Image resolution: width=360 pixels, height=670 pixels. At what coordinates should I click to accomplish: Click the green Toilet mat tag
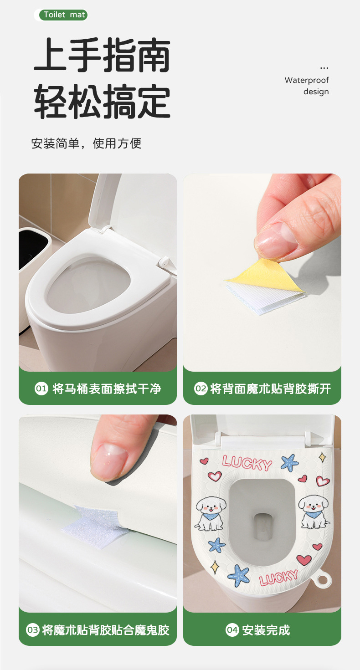coord(63,15)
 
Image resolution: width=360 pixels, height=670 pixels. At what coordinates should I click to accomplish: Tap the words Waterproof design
coord(307,86)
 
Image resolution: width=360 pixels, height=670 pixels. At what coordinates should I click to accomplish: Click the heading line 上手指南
coord(102,55)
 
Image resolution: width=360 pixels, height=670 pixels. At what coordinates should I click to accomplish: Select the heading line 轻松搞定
coord(102,101)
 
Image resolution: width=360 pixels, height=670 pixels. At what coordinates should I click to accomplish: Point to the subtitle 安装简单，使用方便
coord(86,143)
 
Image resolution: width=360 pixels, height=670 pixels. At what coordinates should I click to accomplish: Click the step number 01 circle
coord(41,389)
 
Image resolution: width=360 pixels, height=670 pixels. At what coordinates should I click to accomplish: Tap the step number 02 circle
coord(201,389)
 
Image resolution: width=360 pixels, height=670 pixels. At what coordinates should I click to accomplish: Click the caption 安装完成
coord(266,630)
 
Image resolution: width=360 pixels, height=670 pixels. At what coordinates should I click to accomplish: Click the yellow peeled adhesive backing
coord(266,276)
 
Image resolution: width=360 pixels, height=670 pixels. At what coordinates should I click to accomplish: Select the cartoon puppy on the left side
coord(210,513)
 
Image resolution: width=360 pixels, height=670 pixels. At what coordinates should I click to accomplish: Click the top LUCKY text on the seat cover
coord(247,463)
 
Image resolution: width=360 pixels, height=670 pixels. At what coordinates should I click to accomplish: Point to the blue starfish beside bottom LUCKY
coord(238,575)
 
